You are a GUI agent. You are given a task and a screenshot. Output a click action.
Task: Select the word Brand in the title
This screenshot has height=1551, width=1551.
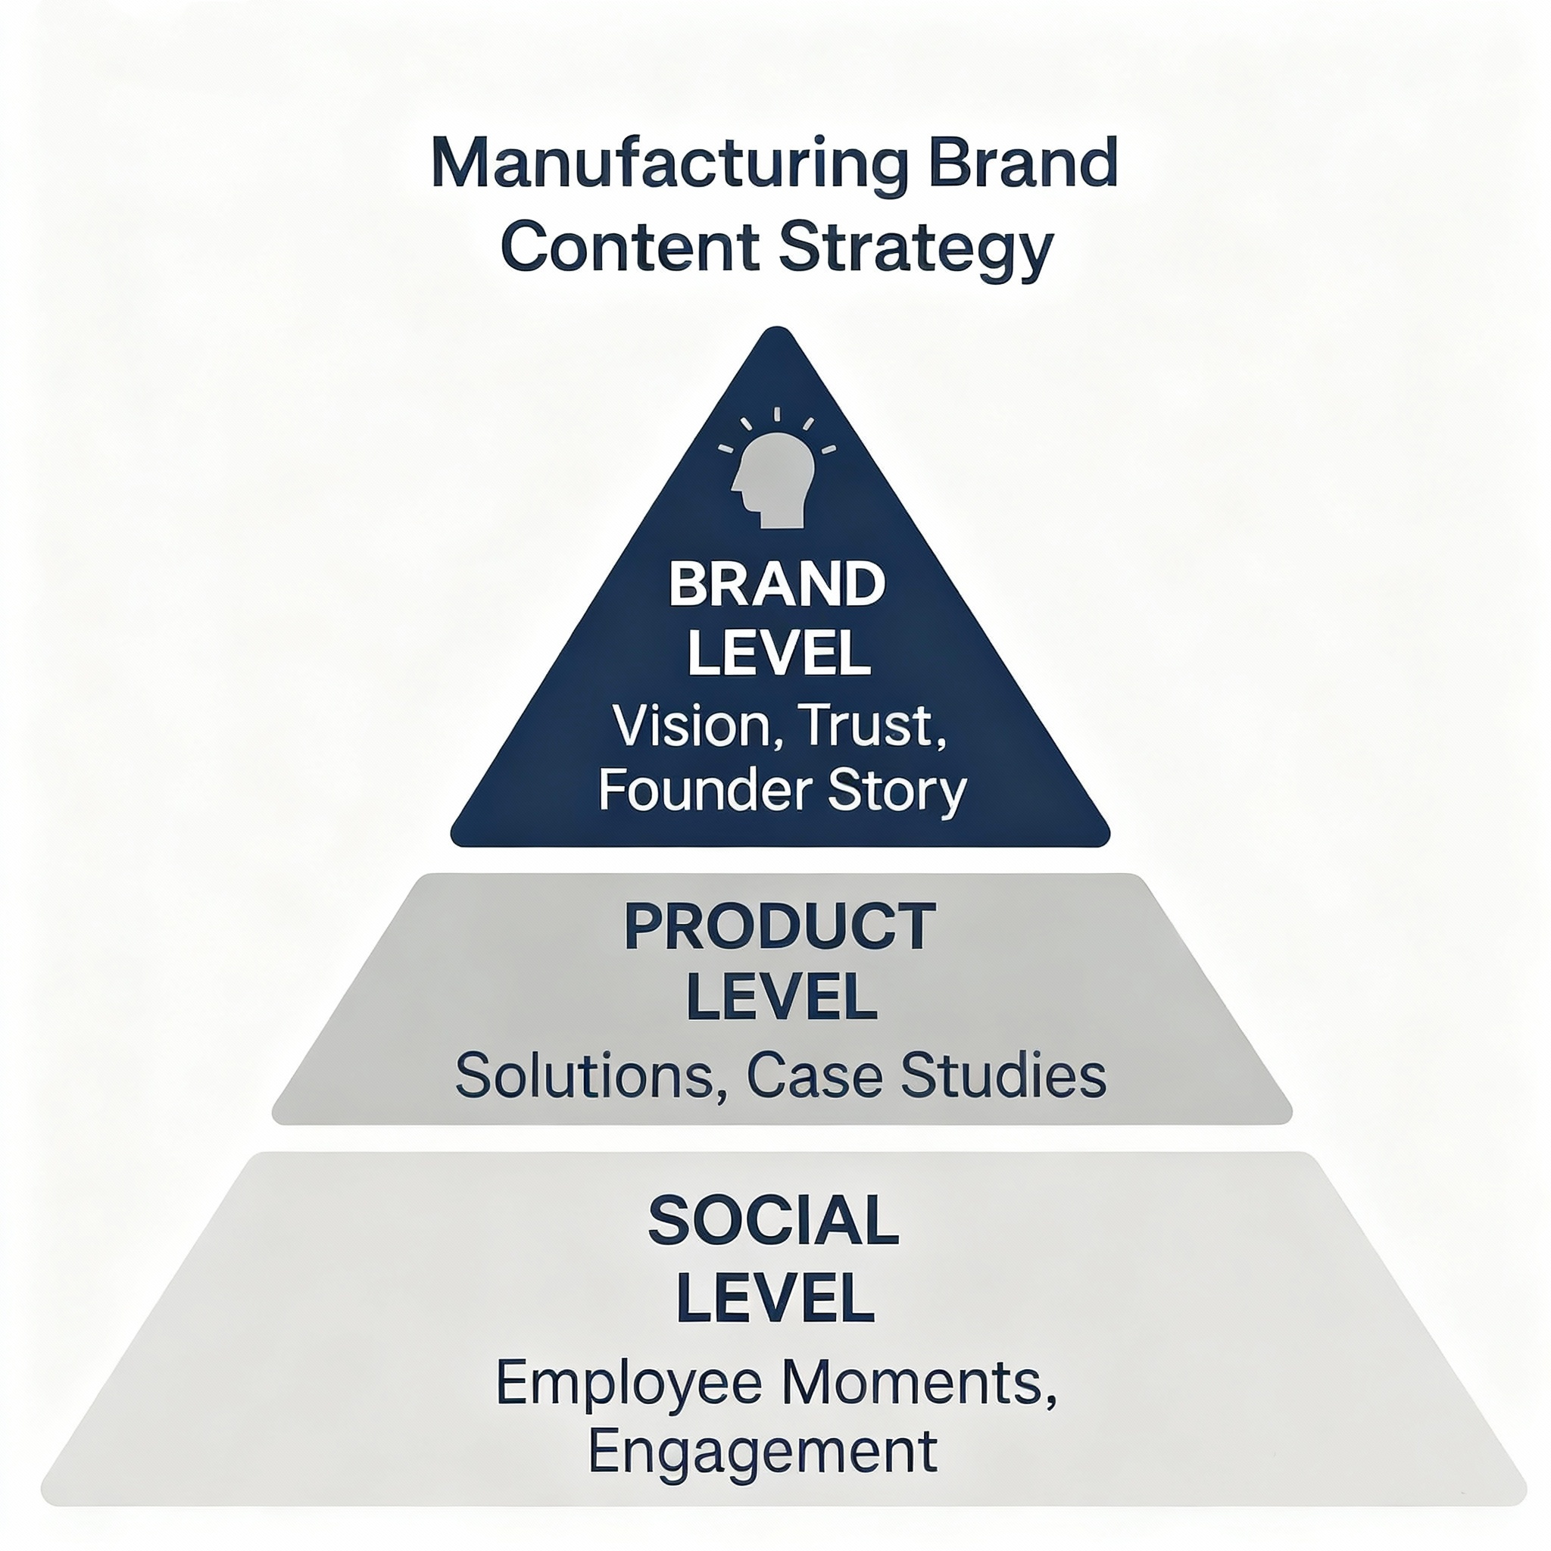tap(1022, 162)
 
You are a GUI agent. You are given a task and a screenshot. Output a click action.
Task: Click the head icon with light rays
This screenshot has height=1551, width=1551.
tap(775, 473)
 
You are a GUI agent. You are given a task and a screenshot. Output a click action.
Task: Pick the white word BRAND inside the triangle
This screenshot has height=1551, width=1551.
tap(776, 585)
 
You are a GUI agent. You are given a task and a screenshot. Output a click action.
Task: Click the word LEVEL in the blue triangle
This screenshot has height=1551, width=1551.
tap(779, 654)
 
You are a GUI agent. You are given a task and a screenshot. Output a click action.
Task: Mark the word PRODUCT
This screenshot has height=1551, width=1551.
tap(779, 927)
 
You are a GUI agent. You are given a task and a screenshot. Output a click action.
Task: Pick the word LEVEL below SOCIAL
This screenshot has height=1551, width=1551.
tap(775, 1298)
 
